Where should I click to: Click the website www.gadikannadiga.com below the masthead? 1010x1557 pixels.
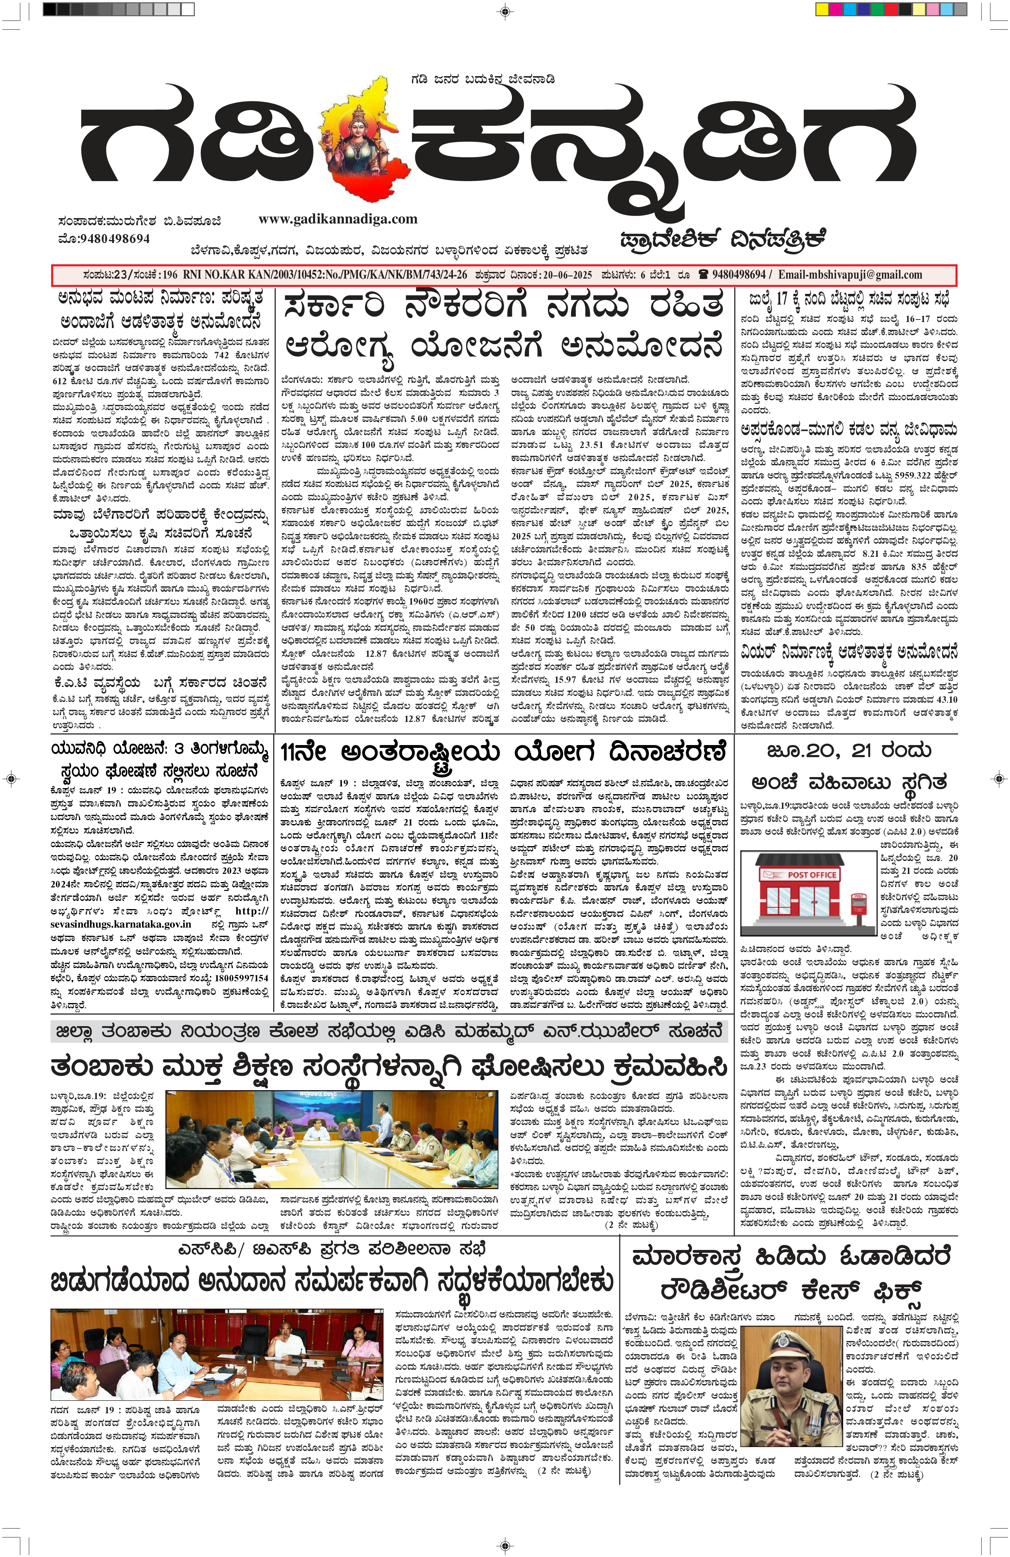tap(338, 219)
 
